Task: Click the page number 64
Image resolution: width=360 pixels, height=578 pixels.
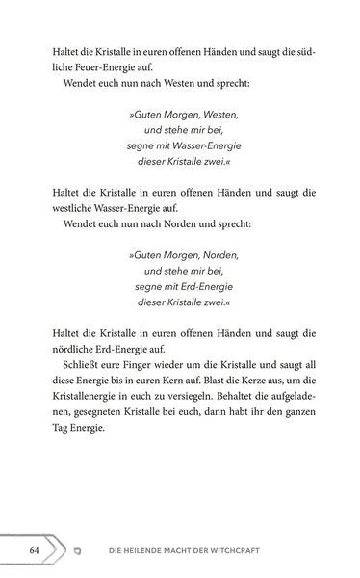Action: (x=33, y=549)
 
